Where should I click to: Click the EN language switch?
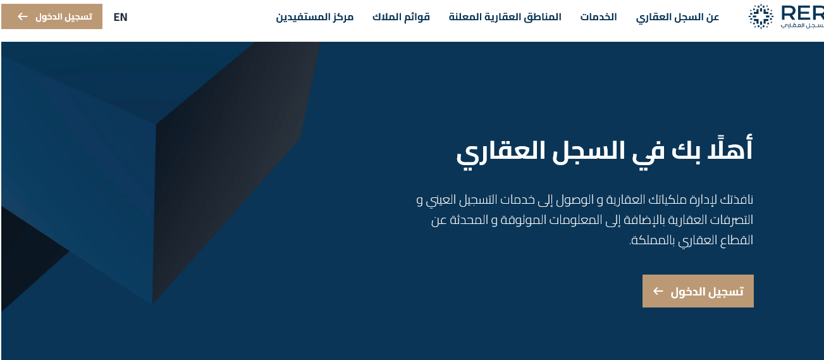[120, 17]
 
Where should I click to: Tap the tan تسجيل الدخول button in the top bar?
[52, 16]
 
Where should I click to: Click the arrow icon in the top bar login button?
[23, 16]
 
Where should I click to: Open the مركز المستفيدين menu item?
[314, 17]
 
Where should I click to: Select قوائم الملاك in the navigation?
[401, 17]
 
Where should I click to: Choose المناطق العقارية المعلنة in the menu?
[505, 17]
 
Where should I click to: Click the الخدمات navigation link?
[598, 17]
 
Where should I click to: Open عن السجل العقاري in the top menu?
[677, 17]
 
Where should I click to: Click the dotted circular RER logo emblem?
[761, 16]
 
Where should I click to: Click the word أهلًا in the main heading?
[730, 149]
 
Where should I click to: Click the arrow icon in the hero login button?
[658, 291]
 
